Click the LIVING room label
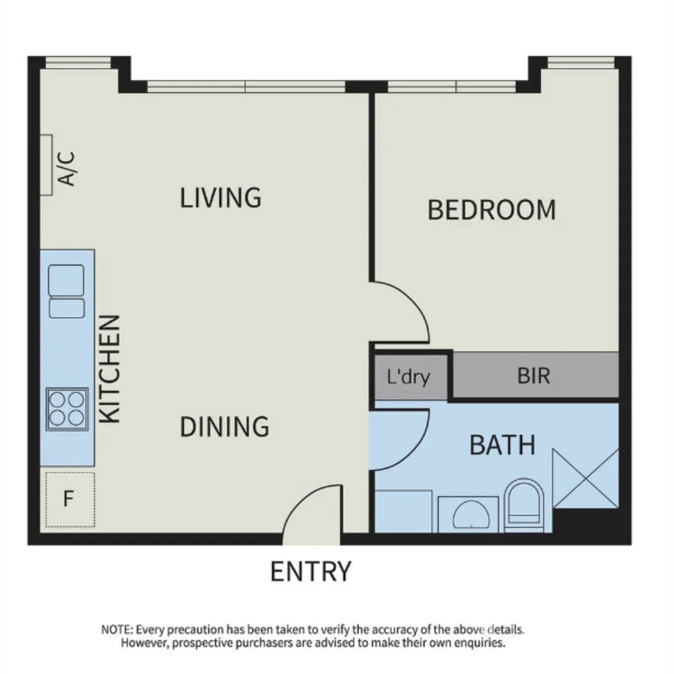220,197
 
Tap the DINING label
225,427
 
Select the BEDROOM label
491,210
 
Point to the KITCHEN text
110,369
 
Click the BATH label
502,446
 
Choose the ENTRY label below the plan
310,572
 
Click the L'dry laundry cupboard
409,377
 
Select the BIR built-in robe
534,376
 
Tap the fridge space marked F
69,499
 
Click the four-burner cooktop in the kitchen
67,408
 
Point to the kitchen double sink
66,291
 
